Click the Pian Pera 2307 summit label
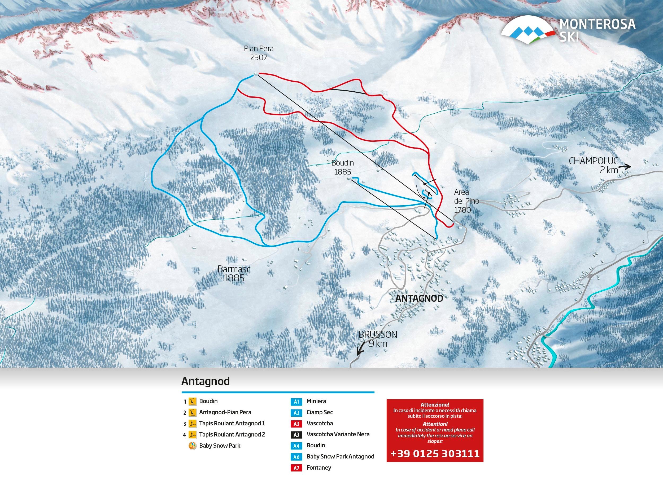click(x=259, y=53)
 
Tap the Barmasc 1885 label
click(x=234, y=273)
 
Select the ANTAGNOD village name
click(x=419, y=299)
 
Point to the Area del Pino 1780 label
click(x=466, y=201)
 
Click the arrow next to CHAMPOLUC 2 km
click(x=625, y=167)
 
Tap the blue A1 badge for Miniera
click(x=296, y=402)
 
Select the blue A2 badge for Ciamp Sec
click(x=296, y=413)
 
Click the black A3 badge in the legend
click(x=296, y=435)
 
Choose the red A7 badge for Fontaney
click(x=296, y=468)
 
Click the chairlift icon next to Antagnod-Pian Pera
click(x=192, y=413)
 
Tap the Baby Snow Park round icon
click(x=192, y=446)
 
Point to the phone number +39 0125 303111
click(x=435, y=453)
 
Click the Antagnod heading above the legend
click(x=205, y=381)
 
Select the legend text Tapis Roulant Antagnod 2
click(x=232, y=435)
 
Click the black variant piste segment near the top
click(x=348, y=91)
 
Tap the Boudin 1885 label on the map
click(x=342, y=167)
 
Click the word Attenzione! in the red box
click(x=435, y=405)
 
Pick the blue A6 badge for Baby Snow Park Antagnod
click(x=296, y=457)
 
